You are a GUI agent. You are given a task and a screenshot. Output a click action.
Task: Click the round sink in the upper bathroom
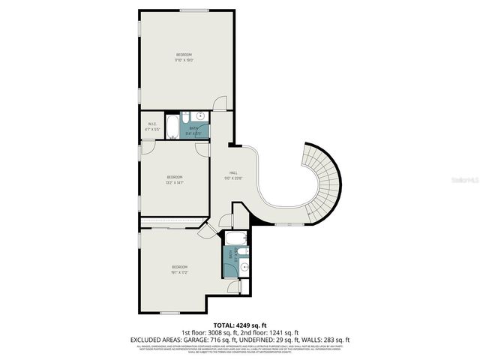click(x=201, y=116)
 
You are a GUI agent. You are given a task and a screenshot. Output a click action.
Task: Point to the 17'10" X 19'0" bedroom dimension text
click(x=184, y=60)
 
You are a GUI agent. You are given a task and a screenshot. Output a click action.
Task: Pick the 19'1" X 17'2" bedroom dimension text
click(x=179, y=271)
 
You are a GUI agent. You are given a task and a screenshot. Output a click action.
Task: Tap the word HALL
click(x=223, y=173)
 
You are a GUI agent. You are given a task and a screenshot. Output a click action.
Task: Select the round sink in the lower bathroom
click(x=243, y=264)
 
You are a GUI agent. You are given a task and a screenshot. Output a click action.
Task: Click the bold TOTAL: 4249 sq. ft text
click(x=239, y=325)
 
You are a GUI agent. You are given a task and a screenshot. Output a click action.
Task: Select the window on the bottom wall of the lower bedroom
click(x=171, y=313)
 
